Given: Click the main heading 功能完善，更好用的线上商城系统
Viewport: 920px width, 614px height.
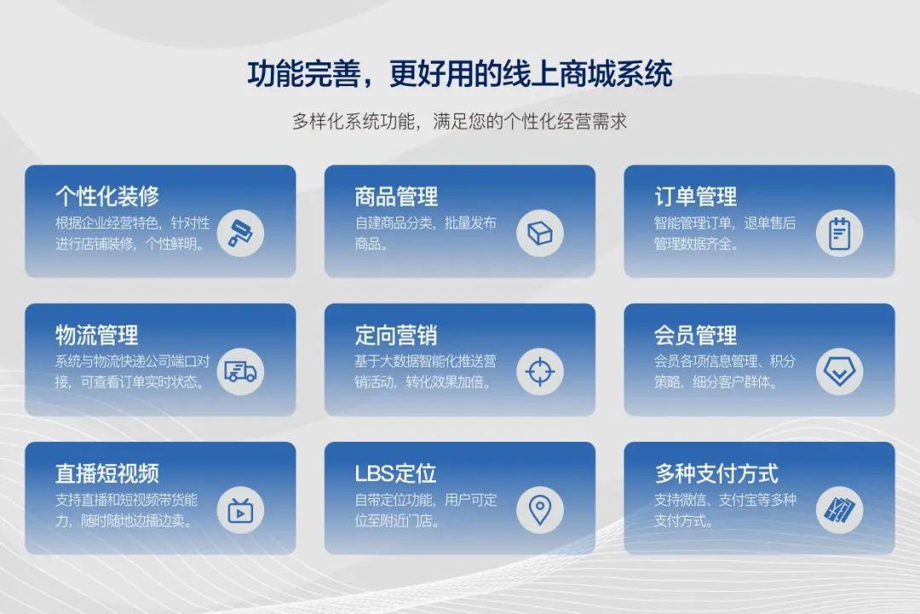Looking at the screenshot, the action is [459, 74].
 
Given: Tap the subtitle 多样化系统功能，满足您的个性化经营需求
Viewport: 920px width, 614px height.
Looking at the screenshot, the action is [459, 121].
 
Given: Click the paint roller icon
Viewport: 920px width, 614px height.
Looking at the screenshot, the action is [240, 234].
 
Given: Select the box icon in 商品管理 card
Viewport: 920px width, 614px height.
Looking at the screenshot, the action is [540, 234].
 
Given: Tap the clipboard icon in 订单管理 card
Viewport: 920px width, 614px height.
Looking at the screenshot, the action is [840, 234].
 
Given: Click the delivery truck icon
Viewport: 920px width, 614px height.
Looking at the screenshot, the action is [240, 371].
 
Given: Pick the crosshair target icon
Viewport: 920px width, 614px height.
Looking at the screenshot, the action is [540, 371].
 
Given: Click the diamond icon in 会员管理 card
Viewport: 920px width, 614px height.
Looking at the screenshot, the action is [840, 371].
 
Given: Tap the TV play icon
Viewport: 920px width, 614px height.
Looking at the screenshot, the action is [240, 510].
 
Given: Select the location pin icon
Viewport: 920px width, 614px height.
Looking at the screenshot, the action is [540, 510].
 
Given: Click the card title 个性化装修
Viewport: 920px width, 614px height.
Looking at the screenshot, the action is [107, 195].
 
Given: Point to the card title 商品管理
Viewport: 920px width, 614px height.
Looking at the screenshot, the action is [396, 196].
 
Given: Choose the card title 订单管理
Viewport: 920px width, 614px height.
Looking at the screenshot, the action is [696, 196].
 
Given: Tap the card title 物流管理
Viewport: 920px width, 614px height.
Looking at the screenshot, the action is [97, 335].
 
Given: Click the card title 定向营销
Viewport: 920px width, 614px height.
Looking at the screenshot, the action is [396, 335].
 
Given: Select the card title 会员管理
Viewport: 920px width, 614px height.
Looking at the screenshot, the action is [696, 335].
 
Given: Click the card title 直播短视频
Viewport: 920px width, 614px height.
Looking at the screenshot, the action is [107, 473].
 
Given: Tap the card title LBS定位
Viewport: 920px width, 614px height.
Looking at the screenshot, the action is [395, 473].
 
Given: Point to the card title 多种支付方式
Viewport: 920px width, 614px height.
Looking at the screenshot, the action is [716, 473].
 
